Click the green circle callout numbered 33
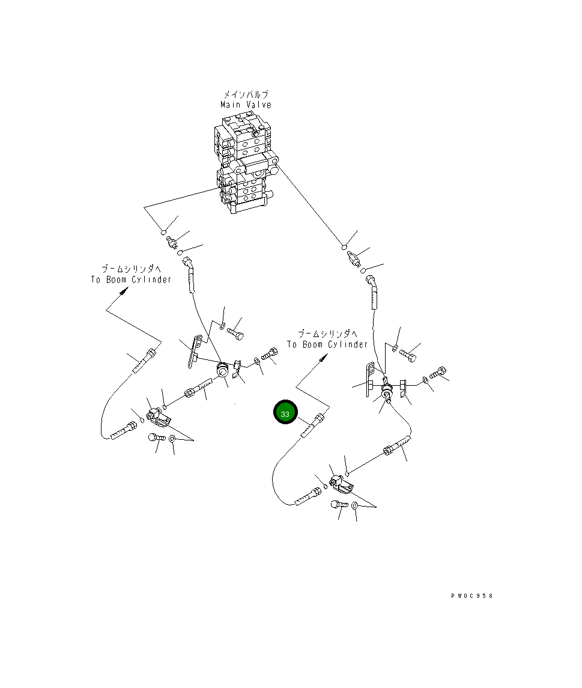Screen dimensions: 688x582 pyautogui.click(x=285, y=414)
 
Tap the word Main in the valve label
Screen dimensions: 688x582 pyautogui.click(x=230, y=105)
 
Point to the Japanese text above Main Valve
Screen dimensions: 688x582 pyautogui.click(x=246, y=95)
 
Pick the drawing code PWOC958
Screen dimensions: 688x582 pyautogui.click(x=472, y=596)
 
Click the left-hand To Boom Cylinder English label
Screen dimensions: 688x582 pyautogui.click(x=131, y=280)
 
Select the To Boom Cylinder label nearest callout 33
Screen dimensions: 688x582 pyautogui.click(x=327, y=345)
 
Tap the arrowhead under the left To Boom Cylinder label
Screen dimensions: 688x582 pyautogui.click(x=124, y=291)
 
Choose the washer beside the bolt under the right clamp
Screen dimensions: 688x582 pyautogui.click(x=355, y=506)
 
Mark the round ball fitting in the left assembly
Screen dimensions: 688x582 pyautogui.click(x=222, y=371)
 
